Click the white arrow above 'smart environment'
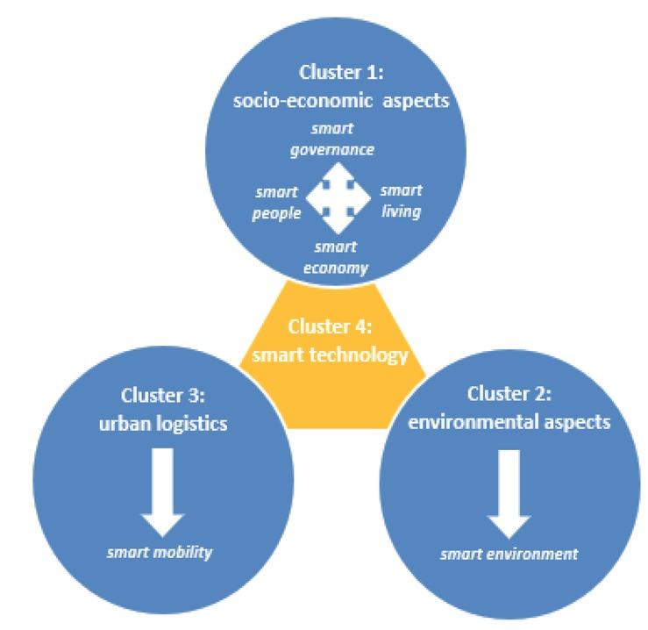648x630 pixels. point(508,492)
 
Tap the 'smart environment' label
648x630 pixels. point(509,554)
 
